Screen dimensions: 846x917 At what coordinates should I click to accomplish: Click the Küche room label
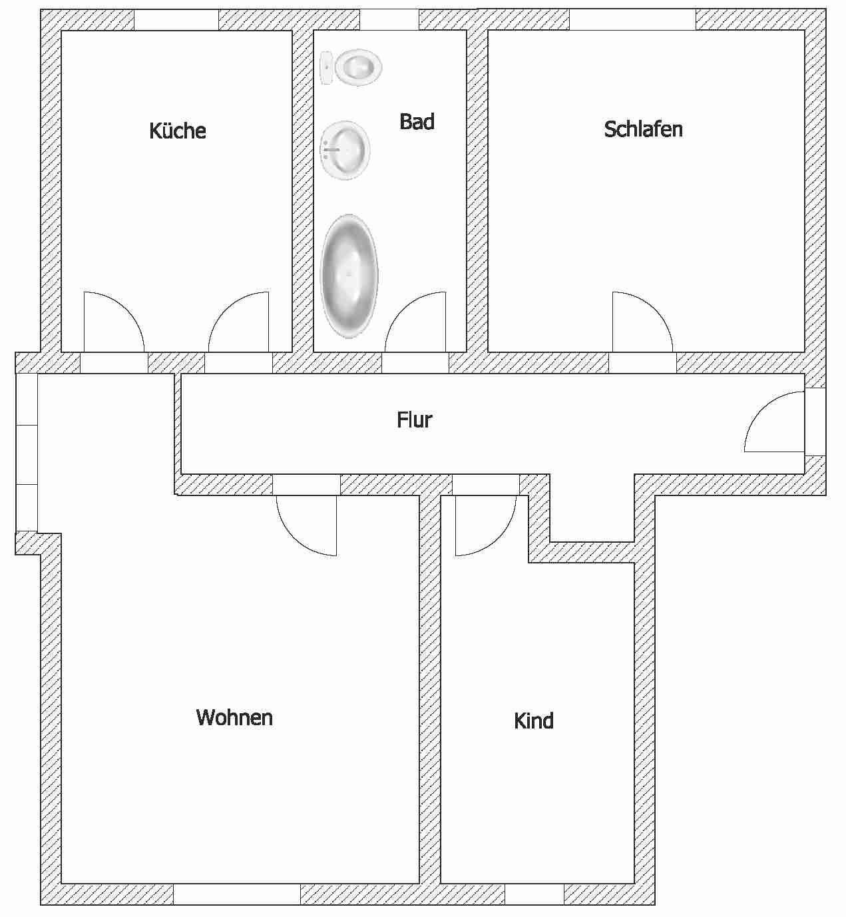point(177,131)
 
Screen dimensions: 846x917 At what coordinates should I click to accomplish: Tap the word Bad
point(417,121)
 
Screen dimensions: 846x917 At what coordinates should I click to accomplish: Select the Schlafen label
point(644,129)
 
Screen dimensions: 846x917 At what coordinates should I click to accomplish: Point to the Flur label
point(415,420)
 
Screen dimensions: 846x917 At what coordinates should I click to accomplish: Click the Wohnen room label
point(234,717)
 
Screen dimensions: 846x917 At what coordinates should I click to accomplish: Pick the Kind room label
point(534,721)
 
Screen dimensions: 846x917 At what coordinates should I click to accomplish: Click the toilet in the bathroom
point(351,67)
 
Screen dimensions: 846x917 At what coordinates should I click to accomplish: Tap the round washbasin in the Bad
point(345,150)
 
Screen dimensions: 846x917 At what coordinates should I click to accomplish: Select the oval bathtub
point(349,276)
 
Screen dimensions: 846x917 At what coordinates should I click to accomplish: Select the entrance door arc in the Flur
point(761,409)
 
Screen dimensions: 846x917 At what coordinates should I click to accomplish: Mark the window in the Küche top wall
point(176,20)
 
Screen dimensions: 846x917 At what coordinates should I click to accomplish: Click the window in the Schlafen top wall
point(632,20)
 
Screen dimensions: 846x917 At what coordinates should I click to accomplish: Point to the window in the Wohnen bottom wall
point(237,894)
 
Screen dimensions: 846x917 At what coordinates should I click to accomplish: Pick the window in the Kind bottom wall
point(534,894)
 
